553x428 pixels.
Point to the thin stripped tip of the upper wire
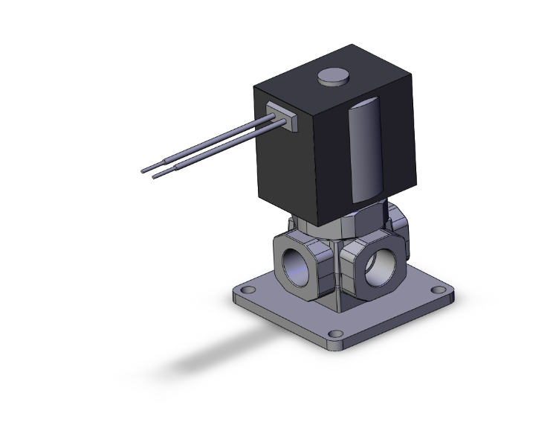click(149, 168)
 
